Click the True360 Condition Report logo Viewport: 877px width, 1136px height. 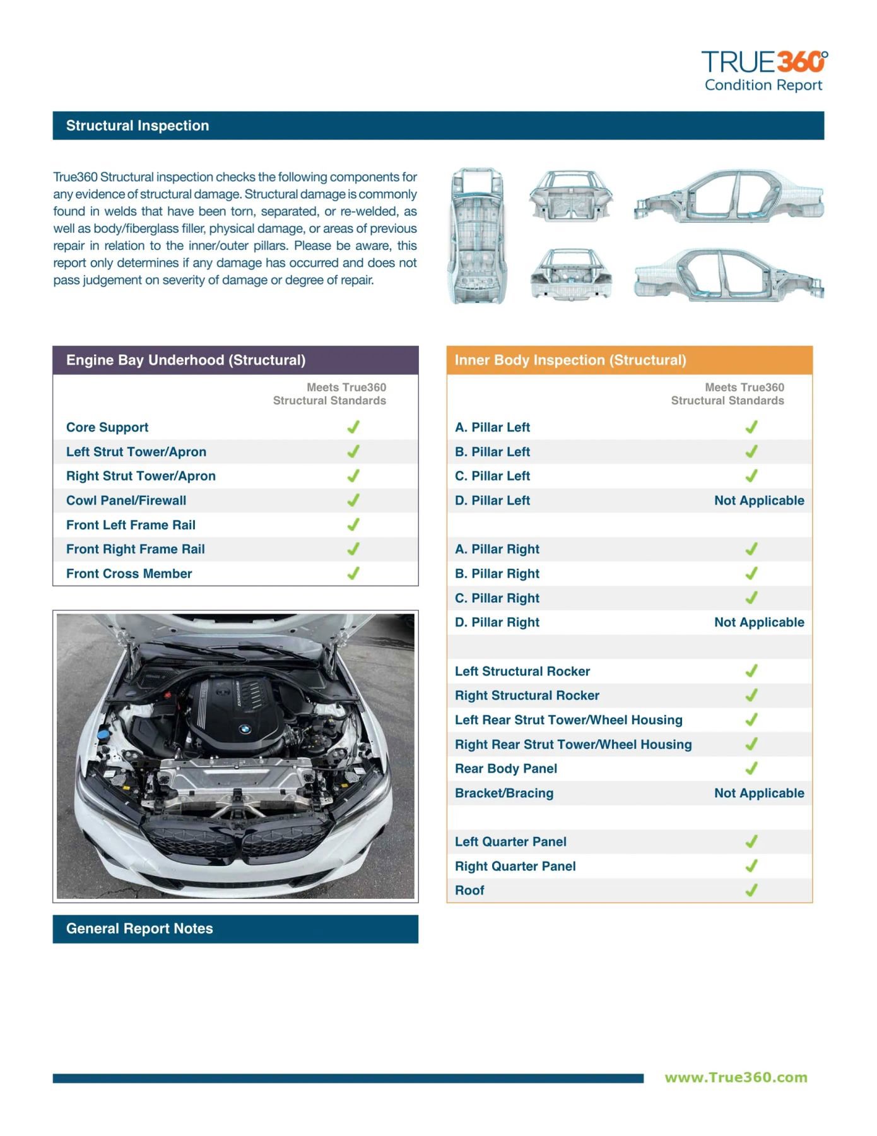tap(763, 71)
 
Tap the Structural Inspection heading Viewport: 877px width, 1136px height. tap(138, 126)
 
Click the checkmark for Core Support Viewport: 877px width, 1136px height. tap(353, 427)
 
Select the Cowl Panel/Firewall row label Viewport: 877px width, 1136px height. tap(126, 500)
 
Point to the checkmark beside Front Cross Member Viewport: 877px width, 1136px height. tap(353, 573)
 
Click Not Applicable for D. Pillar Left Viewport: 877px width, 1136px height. tap(758, 500)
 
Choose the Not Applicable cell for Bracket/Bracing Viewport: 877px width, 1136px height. tap(758, 793)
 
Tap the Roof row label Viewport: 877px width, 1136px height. tap(469, 890)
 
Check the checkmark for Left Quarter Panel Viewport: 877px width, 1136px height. tap(751, 841)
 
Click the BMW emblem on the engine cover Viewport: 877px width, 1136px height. tap(245, 729)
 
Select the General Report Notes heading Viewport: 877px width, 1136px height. tap(139, 928)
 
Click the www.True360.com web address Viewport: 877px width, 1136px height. tap(736, 1077)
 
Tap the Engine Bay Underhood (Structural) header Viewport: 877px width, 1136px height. tap(185, 360)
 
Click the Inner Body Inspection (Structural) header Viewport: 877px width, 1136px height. tap(570, 360)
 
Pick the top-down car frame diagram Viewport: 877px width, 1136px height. tap(478, 235)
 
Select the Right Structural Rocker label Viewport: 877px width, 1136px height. tap(527, 695)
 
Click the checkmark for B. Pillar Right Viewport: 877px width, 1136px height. tap(751, 573)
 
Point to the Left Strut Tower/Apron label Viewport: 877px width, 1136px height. tap(136, 452)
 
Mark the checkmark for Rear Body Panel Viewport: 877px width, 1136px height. tap(751, 768)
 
